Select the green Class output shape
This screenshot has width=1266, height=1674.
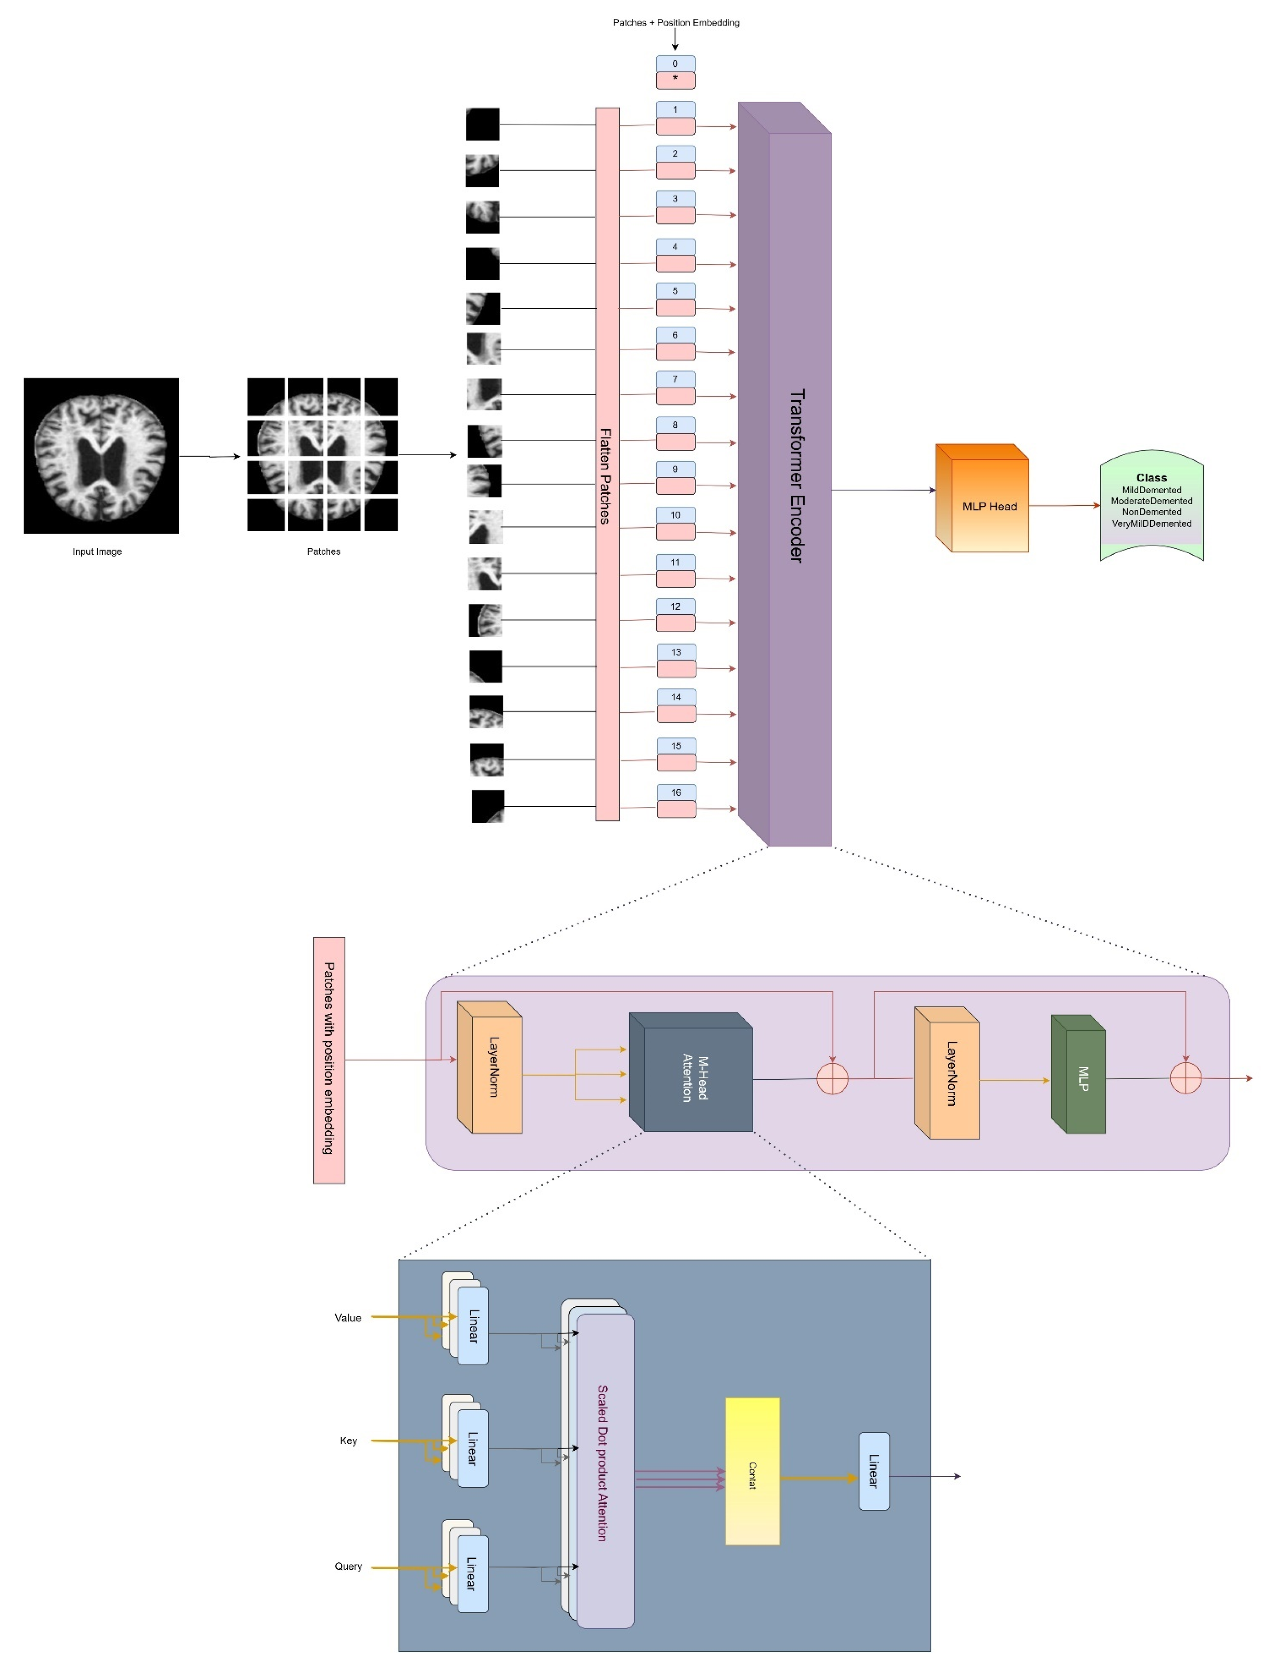(1151, 505)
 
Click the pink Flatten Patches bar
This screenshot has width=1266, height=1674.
(607, 463)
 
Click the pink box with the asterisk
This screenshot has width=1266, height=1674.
(675, 80)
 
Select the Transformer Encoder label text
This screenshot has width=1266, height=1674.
(796, 475)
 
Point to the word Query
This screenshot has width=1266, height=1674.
(348, 1566)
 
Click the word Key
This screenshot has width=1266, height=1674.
(348, 1440)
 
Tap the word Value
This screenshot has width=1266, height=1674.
(348, 1318)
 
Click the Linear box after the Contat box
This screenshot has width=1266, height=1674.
(873, 1471)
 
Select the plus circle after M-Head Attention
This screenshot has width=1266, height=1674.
(832, 1078)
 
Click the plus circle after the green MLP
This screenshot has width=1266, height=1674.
(1185, 1078)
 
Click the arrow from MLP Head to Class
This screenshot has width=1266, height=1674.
(1063, 505)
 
